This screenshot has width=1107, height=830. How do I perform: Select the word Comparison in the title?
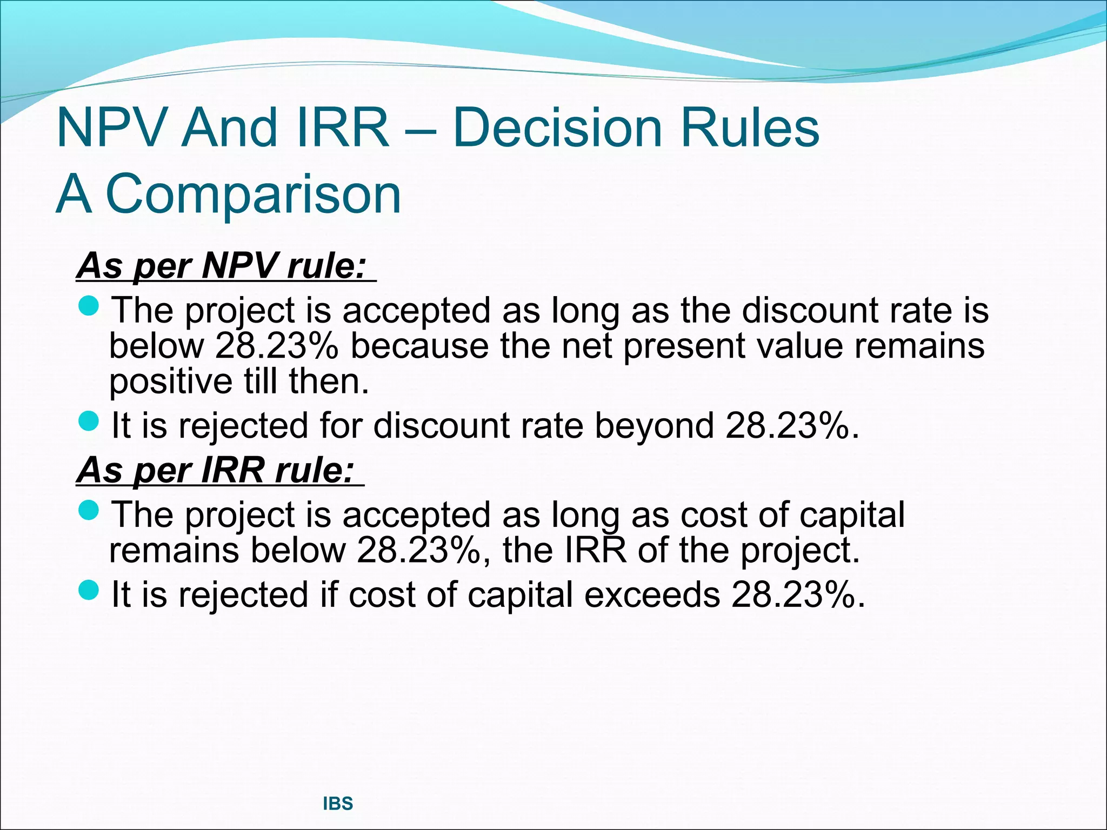(x=253, y=193)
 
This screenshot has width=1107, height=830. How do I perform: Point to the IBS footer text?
(x=338, y=804)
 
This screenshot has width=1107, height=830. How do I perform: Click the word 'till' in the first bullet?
(x=261, y=381)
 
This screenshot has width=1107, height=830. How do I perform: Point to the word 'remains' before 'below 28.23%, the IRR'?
(x=174, y=550)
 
